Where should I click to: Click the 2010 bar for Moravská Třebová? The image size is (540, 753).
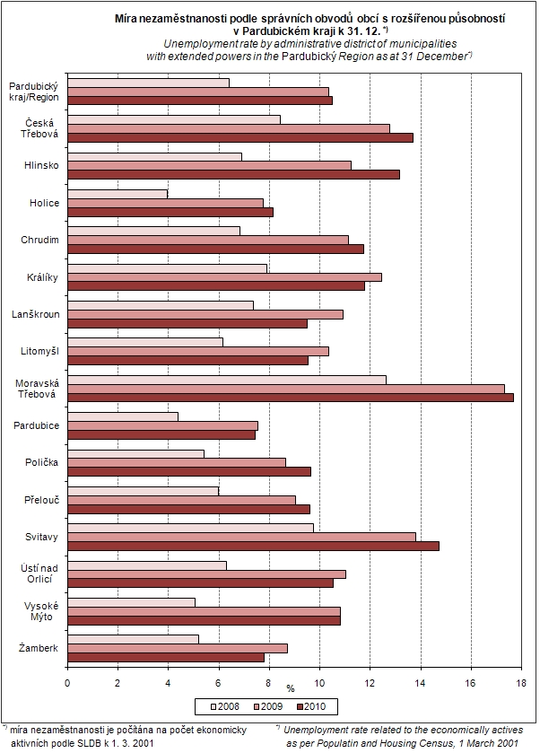pos(291,397)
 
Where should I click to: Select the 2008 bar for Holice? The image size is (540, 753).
pos(118,193)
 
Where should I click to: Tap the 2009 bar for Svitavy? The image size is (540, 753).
pos(241,537)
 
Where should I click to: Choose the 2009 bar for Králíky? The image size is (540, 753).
pos(224,276)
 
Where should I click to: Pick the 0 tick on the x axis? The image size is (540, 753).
pos(67,683)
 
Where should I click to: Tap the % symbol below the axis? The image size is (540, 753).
pos(291,689)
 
